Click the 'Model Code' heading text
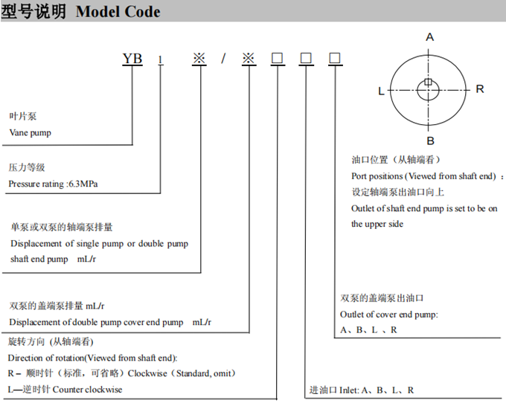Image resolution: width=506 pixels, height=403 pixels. click(x=118, y=12)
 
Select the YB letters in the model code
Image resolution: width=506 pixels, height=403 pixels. click(x=132, y=58)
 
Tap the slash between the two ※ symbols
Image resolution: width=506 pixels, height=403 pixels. click(x=223, y=58)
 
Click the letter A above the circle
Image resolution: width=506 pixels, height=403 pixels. click(x=429, y=37)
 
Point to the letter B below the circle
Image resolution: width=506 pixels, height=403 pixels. click(x=431, y=141)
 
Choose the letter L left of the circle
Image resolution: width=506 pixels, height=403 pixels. click(x=381, y=91)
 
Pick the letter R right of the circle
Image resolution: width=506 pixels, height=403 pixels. click(x=480, y=88)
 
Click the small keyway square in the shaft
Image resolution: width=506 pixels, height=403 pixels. click(x=428, y=82)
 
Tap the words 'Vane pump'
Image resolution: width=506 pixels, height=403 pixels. click(x=31, y=133)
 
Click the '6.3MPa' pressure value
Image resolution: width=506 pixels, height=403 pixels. click(x=83, y=184)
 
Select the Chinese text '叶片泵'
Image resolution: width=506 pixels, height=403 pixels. click(x=23, y=116)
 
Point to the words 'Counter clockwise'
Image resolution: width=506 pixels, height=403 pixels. click(x=88, y=390)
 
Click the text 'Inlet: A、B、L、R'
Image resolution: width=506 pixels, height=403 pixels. click(x=377, y=390)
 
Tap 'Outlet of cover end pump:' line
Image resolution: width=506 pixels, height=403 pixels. click(x=389, y=315)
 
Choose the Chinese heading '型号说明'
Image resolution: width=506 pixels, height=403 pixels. click(x=33, y=12)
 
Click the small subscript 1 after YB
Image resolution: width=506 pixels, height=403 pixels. click(x=161, y=60)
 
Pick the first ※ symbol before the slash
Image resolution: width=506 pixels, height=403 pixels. click(x=199, y=58)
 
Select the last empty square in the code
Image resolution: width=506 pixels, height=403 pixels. click(x=335, y=58)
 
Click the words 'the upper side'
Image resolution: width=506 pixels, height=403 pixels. click(x=377, y=224)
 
